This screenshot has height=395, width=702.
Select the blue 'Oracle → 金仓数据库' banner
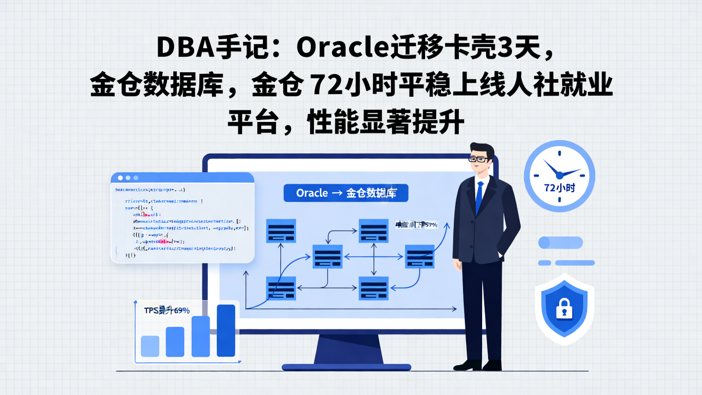pyautogui.click(x=346, y=193)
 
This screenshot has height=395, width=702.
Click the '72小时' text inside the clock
pyautogui.click(x=559, y=187)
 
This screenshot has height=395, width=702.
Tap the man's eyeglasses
pyautogui.click(x=478, y=159)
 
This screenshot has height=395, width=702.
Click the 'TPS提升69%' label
pyautogui.click(x=167, y=310)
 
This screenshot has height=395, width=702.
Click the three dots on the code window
pyautogui.click(x=128, y=178)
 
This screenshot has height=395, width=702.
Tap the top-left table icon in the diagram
pyautogui.click(x=281, y=231)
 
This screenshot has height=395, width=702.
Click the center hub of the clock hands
pyautogui.click(x=559, y=174)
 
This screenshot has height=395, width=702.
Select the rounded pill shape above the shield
pyautogui.click(x=560, y=242)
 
